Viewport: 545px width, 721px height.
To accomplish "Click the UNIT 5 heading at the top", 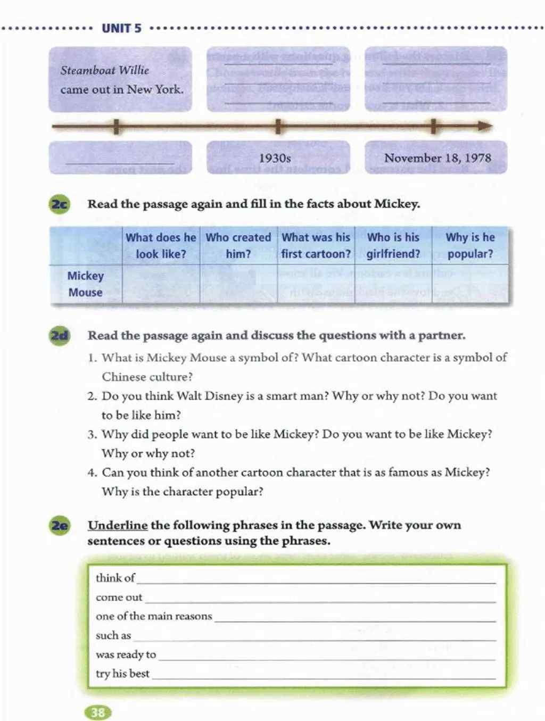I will tap(121, 28).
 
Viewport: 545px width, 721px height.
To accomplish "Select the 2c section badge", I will tap(60, 204).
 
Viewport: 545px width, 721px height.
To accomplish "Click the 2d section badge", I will tap(60, 336).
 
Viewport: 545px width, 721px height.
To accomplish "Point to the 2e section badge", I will tap(60, 526).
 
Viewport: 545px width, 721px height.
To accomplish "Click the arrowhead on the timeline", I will tap(484, 127).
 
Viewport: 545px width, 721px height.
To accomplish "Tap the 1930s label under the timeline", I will tap(275, 158).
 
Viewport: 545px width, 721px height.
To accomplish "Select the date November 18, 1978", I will tap(437, 158).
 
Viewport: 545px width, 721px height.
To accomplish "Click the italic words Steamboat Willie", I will tap(105, 70).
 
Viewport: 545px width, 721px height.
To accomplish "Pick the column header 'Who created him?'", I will tap(238, 245).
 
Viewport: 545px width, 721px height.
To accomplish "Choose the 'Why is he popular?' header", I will tap(470, 245).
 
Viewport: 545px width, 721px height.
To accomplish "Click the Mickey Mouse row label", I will tap(85, 284).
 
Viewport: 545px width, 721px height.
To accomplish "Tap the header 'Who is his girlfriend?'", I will tap(393, 245).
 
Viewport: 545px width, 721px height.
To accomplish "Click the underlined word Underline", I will tap(118, 525).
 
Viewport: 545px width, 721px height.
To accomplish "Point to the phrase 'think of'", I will tap(115, 578).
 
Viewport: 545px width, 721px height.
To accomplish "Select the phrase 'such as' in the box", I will tap(113, 635).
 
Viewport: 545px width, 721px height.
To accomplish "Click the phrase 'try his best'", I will tap(122, 674).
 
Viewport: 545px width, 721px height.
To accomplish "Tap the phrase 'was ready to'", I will tap(126, 654).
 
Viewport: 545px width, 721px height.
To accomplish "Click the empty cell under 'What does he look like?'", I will tap(161, 284).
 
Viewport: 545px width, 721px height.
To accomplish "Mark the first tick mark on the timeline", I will tap(116, 127).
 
